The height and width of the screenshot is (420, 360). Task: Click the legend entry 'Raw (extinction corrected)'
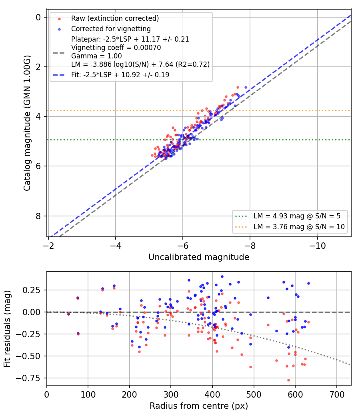pyautogui.click(x=115, y=18)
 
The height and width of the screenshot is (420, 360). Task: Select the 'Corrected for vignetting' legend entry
pyautogui.click(x=111, y=29)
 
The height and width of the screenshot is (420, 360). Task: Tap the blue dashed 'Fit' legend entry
pyautogui.click(x=120, y=75)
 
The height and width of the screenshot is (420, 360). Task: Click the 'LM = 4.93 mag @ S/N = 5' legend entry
pyautogui.click(x=297, y=216)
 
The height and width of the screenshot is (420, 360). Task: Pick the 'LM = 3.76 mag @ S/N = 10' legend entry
pyautogui.click(x=299, y=227)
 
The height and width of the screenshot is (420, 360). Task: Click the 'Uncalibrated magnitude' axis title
pyautogui.click(x=199, y=257)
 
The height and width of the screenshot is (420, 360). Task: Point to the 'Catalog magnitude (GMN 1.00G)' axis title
pyautogui.click(x=27, y=123)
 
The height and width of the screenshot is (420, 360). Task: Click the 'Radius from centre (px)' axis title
pyautogui.click(x=199, y=406)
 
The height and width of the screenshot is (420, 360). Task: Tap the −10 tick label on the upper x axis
pyautogui.click(x=317, y=246)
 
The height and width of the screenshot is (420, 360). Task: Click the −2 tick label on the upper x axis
pyautogui.click(x=48, y=246)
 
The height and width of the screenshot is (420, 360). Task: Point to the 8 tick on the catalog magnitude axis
pyautogui.click(x=38, y=216)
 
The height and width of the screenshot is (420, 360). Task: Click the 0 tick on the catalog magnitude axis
pyautogui.click(x=38, y=18)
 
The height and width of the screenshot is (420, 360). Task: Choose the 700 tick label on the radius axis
pyautogui.click(x=336, y=394)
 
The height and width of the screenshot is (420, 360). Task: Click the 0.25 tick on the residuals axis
pyautogui.click(x=32, y=290)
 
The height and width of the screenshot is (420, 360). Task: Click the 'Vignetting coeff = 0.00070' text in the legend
pyautogui.click(x=116, y=48)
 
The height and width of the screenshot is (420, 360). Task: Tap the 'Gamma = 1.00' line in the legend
pyautogui.click(x=96, y=56)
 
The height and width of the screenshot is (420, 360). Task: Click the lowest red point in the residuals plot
pyautogui.click(x=288, y=380)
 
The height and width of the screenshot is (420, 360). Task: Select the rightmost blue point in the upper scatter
pyautogui.click(x=246, y=88)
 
